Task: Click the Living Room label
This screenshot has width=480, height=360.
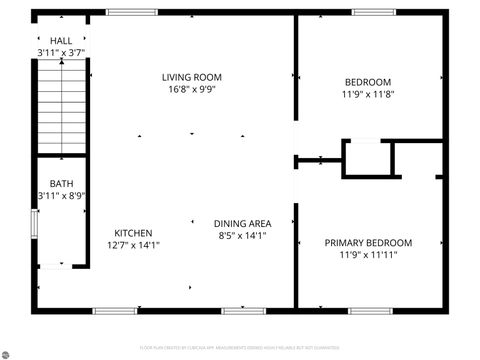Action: (x=192, y=77)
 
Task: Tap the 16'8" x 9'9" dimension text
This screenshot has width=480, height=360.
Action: (x=192, y=89)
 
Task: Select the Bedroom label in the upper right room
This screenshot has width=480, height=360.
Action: (x=368, y=82)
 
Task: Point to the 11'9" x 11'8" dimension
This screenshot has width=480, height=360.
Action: (x=368, y=95)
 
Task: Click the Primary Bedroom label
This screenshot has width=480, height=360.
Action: (x=368, y=242)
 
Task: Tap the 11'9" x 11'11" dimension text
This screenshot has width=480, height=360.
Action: (x=368, y=255)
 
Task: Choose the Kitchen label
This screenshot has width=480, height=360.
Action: (x=133, y=231)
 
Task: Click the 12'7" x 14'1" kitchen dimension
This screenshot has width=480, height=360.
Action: (x=133, y=244)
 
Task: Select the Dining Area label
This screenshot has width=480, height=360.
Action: (x=242, y=223)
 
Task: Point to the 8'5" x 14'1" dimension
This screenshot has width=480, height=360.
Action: (x=242, y=236)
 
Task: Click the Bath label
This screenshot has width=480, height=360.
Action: (x=62, y=183)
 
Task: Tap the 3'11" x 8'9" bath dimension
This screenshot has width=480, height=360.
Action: (x=62, y=195)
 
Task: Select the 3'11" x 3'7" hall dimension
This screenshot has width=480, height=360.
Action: (x=60, y=52)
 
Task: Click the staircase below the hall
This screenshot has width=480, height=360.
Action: (x=64, y=105)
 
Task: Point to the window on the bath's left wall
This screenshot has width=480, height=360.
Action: (x=35, y=223)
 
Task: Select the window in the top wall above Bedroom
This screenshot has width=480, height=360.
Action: (x=367, y=12)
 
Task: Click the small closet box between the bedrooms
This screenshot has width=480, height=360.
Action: (x=366, y=159)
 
